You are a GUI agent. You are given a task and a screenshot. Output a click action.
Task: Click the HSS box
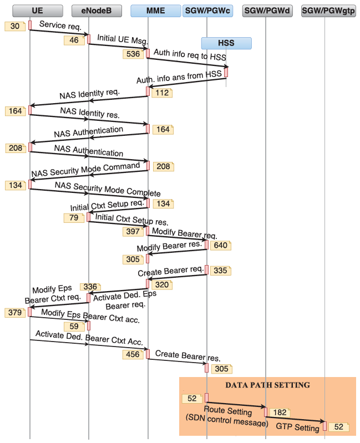(226, 43)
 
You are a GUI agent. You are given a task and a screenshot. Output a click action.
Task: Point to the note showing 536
(133, 54)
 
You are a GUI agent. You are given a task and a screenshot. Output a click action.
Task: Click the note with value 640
(220, 245)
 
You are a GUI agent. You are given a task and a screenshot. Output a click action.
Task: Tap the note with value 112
(162, 93)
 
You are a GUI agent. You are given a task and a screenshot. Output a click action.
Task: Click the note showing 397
(133, 231)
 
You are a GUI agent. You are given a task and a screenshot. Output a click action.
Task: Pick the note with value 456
(133, 354)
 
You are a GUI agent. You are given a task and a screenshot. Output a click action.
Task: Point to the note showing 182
(280, 413)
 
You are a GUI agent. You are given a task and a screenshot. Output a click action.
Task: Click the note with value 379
(15, 313)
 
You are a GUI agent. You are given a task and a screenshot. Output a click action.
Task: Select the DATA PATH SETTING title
(267, 384)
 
